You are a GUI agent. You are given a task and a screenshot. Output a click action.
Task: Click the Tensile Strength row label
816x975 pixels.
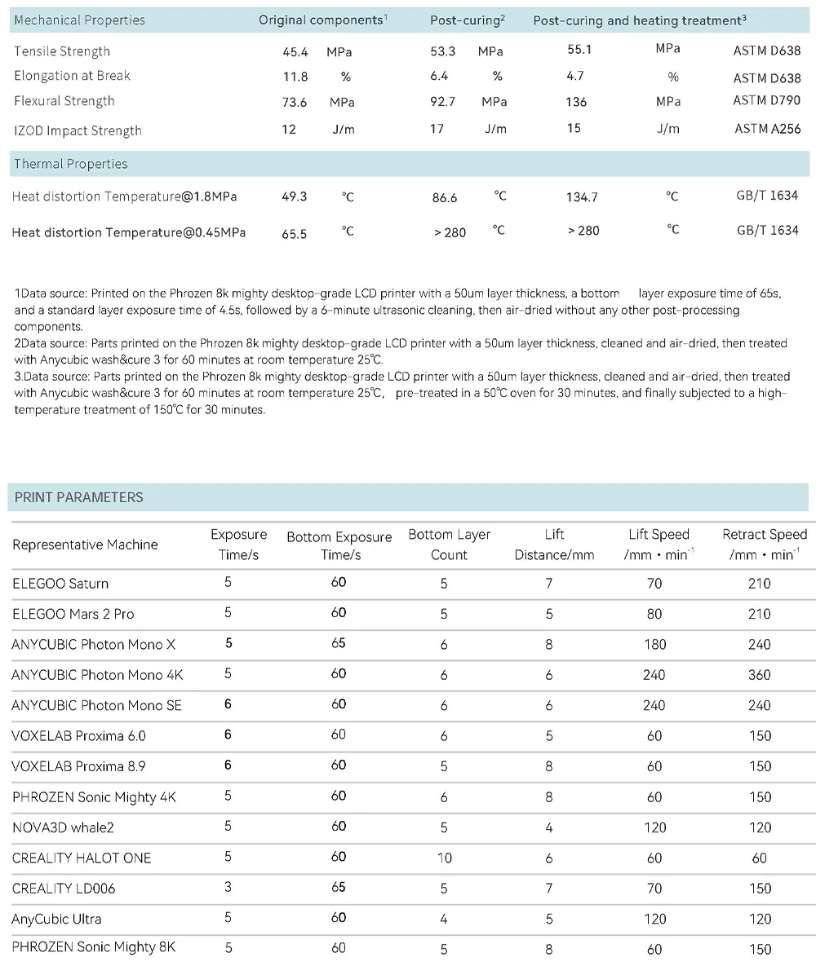(x=62, y=51)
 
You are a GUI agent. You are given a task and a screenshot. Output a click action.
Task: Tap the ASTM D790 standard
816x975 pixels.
(x=766, y=100)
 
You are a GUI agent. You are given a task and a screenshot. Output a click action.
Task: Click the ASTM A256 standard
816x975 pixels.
(x=767, y=129)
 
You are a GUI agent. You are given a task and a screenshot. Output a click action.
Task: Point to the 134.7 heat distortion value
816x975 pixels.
(x=582, y=197)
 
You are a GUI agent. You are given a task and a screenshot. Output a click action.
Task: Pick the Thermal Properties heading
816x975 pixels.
(x=71, y=164)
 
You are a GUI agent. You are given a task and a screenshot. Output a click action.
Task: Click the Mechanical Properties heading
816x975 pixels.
(x=80, y=20)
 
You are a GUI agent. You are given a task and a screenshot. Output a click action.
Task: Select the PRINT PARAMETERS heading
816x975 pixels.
(x=78, y=497)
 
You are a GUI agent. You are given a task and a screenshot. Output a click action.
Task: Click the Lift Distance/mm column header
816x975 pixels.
(x=555, y=545)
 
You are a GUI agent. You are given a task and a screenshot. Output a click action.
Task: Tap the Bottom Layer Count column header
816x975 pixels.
(x=449, y=545)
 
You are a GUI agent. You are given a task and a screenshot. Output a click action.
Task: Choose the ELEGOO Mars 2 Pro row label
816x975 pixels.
(x=73, y=614)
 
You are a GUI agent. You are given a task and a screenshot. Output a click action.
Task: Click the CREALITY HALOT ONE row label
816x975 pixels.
(x=82, y=858)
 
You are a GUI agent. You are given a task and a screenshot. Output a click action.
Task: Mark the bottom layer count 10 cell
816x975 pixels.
(x=444, y=858)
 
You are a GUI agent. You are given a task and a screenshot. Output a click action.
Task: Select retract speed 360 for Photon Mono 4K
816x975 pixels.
(x=759, y=675)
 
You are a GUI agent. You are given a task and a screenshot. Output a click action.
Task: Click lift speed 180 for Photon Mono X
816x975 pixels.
(x=654, y=644)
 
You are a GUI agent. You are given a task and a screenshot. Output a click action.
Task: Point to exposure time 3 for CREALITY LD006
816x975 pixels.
(x=228, y=887)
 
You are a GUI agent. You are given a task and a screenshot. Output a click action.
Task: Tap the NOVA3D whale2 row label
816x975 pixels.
(x=63, y=827)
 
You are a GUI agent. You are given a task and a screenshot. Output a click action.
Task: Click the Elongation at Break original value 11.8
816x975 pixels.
(x=295, y=77)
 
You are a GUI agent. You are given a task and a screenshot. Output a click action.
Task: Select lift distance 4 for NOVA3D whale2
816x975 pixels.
(x=549, y=827)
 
